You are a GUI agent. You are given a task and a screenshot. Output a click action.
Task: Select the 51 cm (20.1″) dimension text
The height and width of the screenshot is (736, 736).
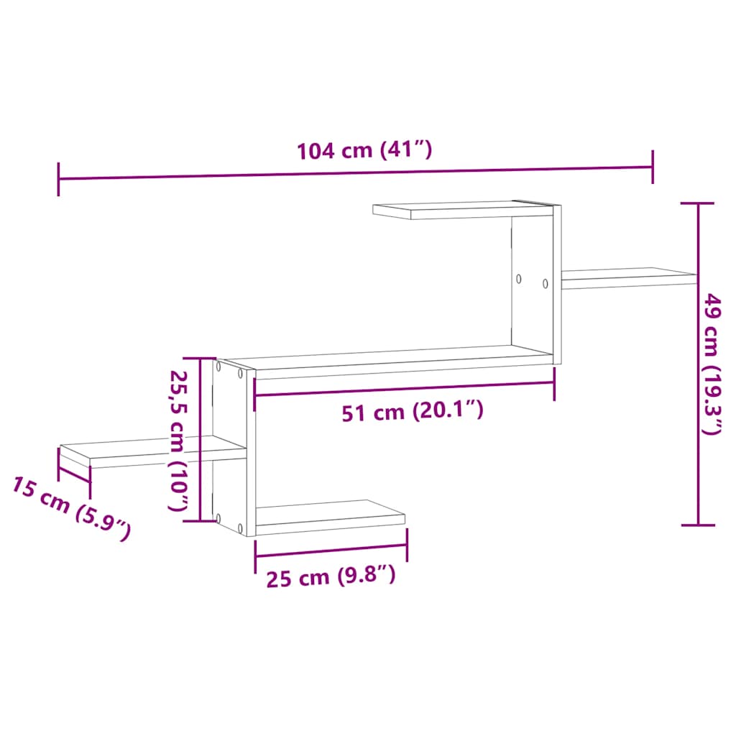(411, 412)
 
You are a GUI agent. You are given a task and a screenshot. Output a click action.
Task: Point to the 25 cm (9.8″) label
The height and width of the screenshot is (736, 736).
(331, 576)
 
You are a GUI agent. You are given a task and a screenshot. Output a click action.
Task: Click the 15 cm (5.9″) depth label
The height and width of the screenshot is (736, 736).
(70, 507)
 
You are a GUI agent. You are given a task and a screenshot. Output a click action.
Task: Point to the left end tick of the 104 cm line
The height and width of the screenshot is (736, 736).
(58, 179)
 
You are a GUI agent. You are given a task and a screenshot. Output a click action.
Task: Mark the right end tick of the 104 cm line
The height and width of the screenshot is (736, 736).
(653, 167)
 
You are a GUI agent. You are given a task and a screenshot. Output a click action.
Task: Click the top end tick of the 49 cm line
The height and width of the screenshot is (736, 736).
(697, 204)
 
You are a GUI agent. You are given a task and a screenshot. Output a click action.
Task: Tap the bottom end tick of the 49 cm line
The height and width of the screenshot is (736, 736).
(698, 525)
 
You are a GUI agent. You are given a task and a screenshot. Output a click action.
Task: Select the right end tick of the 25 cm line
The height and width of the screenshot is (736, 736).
(407, 546)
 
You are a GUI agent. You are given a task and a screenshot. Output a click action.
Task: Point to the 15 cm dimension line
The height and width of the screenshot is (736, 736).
(74, 474)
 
